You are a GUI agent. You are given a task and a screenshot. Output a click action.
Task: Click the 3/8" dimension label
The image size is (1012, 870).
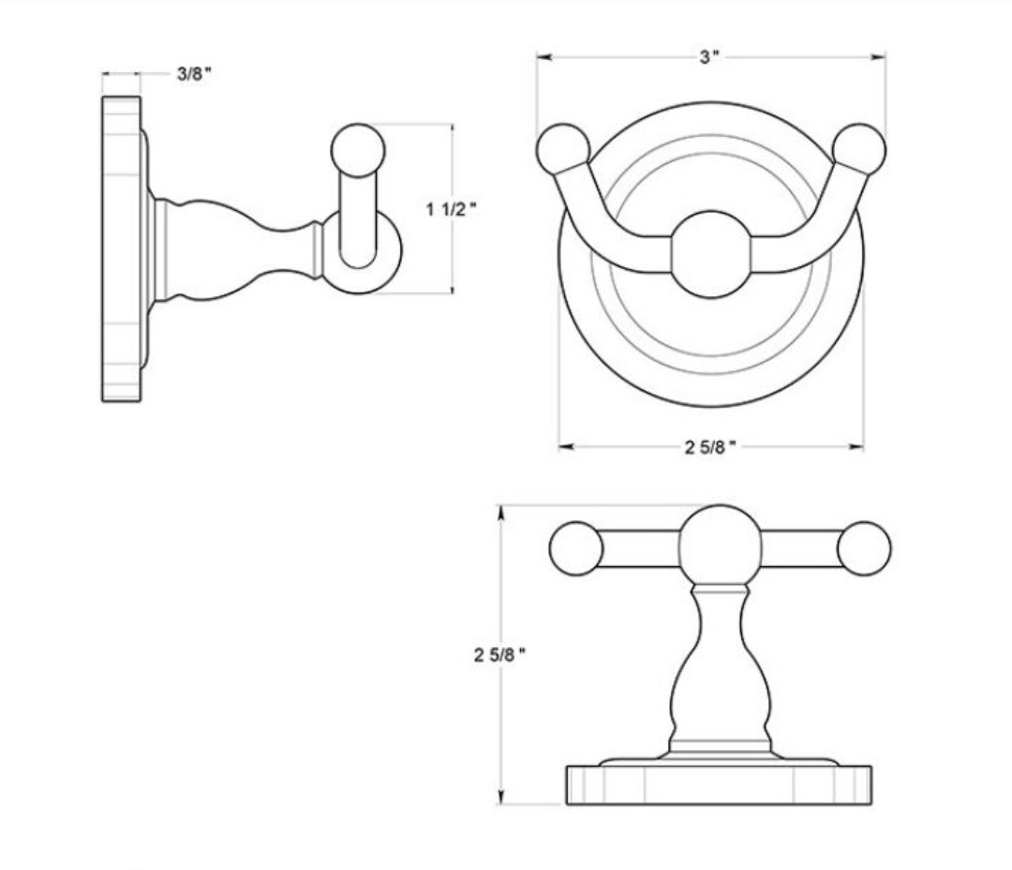pos(194,74)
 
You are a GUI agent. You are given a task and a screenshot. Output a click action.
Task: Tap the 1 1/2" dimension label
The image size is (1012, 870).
pos(451,209)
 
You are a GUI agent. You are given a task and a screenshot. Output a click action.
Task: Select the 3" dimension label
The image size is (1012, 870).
pos(709,57)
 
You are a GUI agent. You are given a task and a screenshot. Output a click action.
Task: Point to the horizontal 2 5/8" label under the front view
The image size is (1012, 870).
pos(710,447)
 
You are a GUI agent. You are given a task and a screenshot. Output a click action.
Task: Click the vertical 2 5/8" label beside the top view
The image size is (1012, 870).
pos(499,655)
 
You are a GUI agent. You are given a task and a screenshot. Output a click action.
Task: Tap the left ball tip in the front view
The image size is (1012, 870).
pos(563,150)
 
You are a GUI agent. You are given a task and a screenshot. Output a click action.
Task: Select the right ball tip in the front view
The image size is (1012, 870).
pos(859,150)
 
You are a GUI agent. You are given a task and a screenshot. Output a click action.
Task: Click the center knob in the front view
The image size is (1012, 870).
pos(711,254)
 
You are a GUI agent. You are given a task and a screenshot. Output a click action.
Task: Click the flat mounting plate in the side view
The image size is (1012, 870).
pos(121,248)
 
